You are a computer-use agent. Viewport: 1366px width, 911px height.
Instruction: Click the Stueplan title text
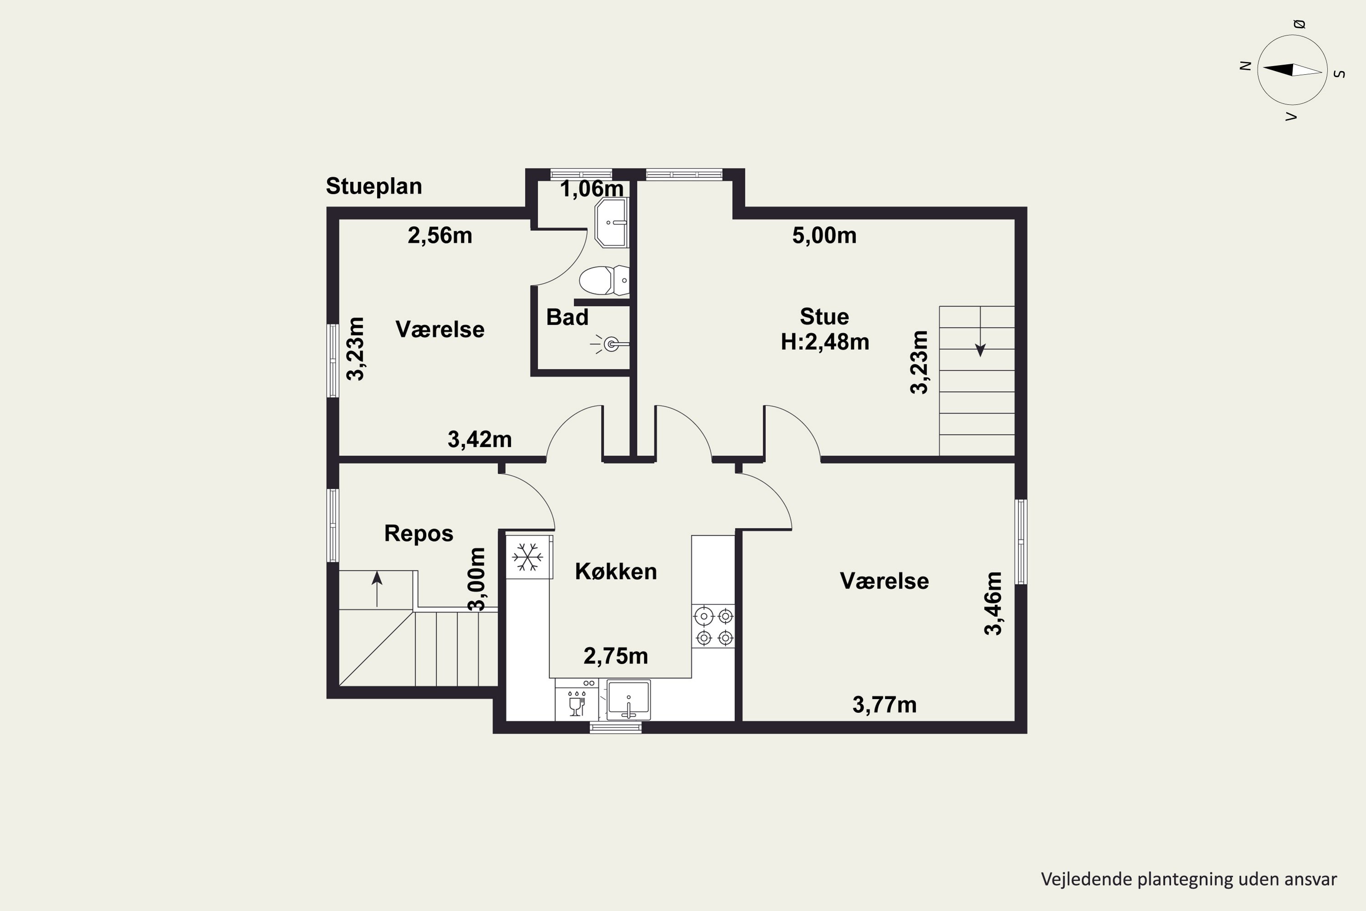pos(373,186)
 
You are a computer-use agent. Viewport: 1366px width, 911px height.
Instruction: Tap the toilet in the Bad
pos(604,280)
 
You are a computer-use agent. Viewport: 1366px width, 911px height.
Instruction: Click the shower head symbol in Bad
pos(609,344)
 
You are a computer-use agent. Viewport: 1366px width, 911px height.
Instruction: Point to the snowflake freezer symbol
pos(527,557)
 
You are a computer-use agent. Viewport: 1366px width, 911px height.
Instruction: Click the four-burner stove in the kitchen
pos(714,626)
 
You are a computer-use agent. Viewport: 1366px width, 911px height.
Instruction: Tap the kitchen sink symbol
pos(628,700)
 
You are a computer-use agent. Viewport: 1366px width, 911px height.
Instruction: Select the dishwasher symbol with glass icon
pos(576,700)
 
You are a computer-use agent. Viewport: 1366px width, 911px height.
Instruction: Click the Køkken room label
pos(616,572)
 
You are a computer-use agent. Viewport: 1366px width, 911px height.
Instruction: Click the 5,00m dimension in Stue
pos(824,235)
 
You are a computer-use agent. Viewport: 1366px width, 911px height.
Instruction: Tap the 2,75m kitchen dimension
pos(616,656)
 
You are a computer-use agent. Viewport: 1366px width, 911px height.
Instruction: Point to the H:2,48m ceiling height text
pos(825,342)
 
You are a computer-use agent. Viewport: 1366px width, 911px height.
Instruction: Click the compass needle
pos(1292,70)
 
